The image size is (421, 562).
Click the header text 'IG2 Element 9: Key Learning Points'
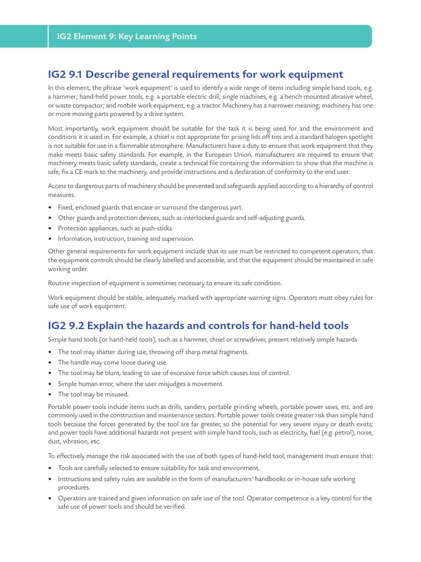[127, 37]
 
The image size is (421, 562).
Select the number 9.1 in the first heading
[75, 75]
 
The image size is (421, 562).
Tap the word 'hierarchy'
[328, 186]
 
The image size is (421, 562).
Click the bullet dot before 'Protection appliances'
[50, 228]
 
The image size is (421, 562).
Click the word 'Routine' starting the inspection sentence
[60, 283]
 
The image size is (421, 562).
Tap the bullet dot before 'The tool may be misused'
[50, 394]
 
